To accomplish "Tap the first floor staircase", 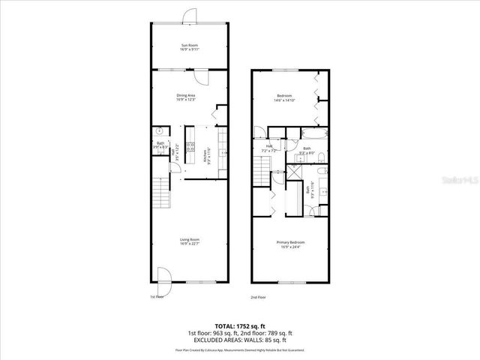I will coord(160,194).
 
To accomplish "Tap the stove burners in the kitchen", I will coord(190,147).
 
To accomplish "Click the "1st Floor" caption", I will coord(157,297).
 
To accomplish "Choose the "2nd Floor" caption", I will coord(258,297).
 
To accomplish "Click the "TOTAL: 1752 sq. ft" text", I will coord(240,325).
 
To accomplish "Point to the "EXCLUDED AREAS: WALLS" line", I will coord(239,339).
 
